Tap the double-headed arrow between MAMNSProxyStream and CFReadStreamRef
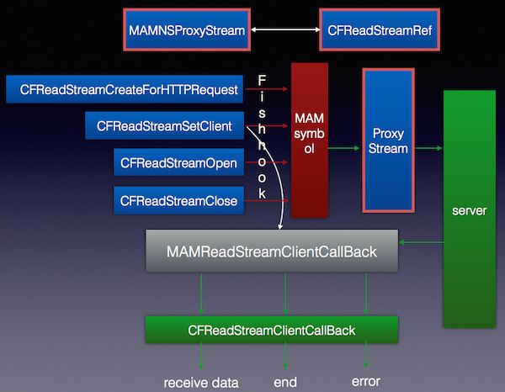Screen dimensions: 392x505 (x=285, y=30)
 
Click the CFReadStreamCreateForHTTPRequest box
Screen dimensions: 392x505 (x=125, y=88)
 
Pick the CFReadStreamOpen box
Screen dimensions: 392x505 (x=178, y=163)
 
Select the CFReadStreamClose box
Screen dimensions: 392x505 (x=178, y=200)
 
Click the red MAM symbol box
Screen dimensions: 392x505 (x=308, y=140)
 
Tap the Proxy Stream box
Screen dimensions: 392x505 (x=389, y=140)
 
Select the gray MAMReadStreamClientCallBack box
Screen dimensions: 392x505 (x=270, y=251)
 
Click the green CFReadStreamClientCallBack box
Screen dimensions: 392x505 (x=270, y=330)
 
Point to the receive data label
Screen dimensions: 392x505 (x=201, y=383)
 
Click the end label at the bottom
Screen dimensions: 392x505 (x=285, y=383)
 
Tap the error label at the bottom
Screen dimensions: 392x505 (x=365, y=383)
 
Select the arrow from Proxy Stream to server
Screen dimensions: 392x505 (x=428, y=149)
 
